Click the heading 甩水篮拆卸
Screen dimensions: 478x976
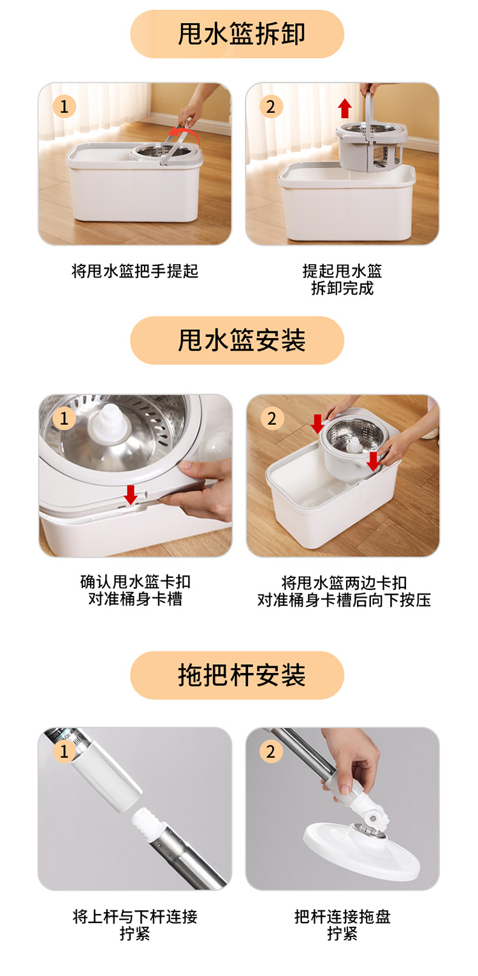(242, 34)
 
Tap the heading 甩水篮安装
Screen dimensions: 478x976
(242, 340)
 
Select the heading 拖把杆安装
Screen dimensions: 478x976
(242, 675)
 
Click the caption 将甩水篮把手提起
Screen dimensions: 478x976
(135, 271)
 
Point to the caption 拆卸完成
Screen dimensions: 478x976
(342, 288)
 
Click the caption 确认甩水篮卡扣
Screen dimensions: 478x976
(135, 582)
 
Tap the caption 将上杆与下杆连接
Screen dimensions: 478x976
(135, 917)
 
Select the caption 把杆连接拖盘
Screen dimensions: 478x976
(342, 917)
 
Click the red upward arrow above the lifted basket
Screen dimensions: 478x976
(345, 108)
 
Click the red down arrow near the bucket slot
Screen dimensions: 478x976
(131, 494)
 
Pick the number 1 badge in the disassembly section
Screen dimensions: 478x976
(64, 107)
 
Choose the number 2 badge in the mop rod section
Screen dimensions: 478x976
(271, 751)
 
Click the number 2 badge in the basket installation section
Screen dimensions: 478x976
(272, 418)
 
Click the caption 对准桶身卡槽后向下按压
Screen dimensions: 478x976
(344, 600)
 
